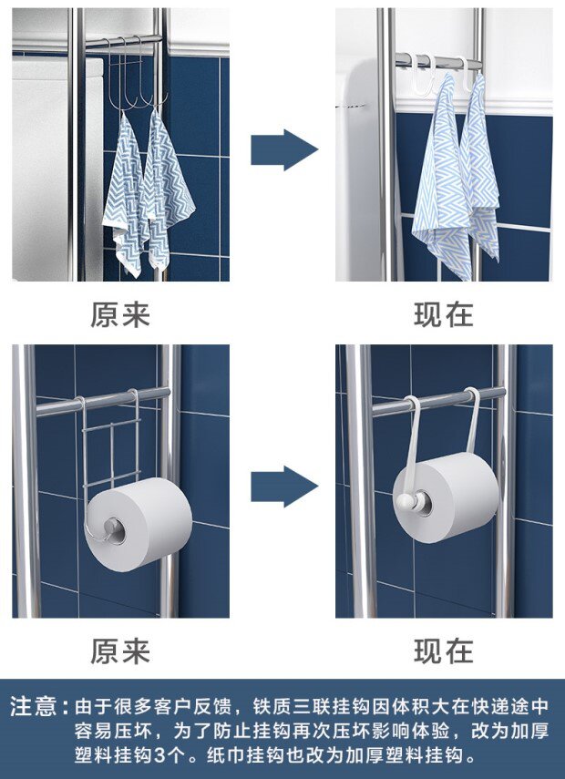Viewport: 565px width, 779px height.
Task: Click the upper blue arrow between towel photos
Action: point(283,149)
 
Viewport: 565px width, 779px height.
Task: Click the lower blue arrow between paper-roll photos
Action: point(283,487)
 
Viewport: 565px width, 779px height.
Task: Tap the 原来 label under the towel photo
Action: point(120,314)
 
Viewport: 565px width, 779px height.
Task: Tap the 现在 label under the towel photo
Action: point(444,314)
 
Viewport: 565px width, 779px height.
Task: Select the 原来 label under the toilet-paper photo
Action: point(120,651)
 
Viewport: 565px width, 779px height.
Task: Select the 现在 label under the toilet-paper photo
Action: point(444,651)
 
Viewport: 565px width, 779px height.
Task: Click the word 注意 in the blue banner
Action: point(33,706)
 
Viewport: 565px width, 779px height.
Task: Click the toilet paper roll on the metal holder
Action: point(139,524)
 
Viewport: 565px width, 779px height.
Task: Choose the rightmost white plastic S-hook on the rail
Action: point(467,75)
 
